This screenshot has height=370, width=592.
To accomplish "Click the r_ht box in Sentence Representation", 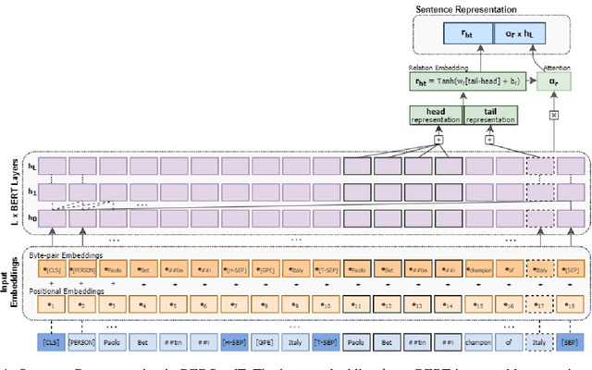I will [455, 31].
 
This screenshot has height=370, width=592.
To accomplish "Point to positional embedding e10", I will [328, 303].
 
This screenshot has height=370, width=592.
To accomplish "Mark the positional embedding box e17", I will [542, 303].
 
